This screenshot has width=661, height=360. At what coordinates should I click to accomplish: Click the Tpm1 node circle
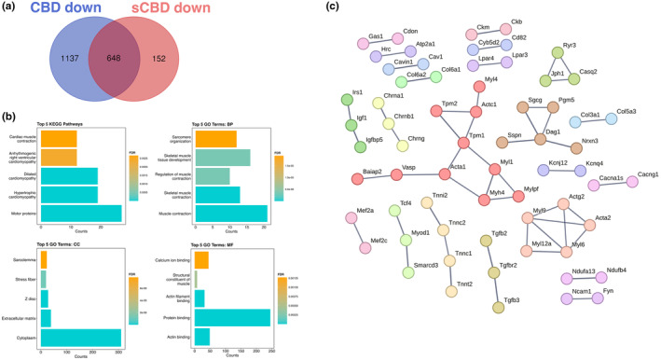tap(463, 142)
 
